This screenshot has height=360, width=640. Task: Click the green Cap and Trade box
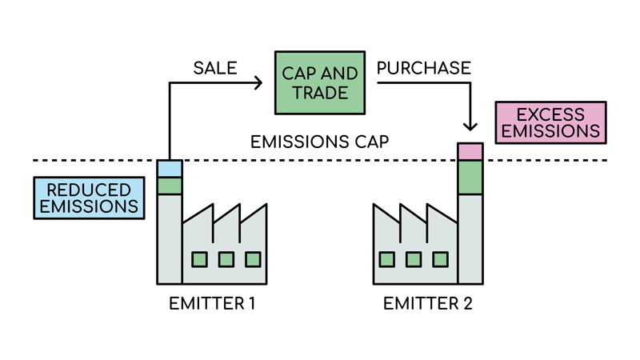pyautogui.click(x=320, y=83)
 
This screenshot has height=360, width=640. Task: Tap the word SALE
pyautogui.click(x=215, y=68)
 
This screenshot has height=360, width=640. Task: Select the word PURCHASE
pyautogui.click(x=424, y=68)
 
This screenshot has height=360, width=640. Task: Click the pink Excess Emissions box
pyautogui.click(x=550, y=122)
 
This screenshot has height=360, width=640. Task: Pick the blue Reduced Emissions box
pyautogui.click(x=89, y=198)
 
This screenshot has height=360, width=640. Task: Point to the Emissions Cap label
pyautogui.click(x=319, y=142)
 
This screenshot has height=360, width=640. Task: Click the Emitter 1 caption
pyautogui.click(x=212, y=304)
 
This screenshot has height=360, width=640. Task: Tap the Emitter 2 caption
pyautogui.click(x=428, y=304)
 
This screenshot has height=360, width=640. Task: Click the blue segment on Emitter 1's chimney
pyautogui.click(x=170, y=169)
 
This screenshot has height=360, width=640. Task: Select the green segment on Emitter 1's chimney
pyautogui.click(x=170, y=186)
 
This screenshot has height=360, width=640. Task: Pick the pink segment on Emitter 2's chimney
pyautogui.click(x=470, y=152)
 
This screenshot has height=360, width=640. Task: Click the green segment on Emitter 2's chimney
pyautogui.click(x=470, y=178)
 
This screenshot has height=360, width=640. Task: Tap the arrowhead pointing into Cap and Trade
pyautogui.click(x=258, y=83)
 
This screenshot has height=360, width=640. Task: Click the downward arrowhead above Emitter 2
pyautogui.click(x=470, y=126)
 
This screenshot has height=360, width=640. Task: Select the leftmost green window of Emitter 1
pyautogui.click(x=199, y=259)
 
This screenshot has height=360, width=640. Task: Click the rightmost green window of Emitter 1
pyautogui.click(x=253, y=259)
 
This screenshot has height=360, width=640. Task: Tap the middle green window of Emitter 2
pyautogui.click(x=414, y=259)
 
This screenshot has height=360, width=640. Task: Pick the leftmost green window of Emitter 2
pyautogui.click(x=387, y=259)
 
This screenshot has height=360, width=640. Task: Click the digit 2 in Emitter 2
pyautogui.click(x=468, y=304)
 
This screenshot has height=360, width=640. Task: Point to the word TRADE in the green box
pyautogui.click(x=320, y=93)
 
